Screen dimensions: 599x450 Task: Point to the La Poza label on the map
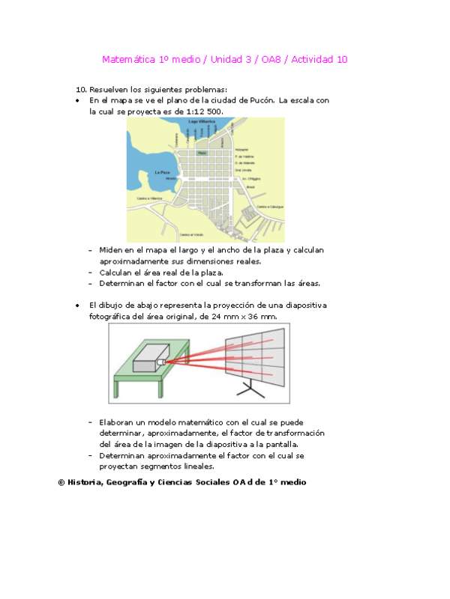162,173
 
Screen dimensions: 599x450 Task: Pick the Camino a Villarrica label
149,198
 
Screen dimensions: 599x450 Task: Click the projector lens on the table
161,362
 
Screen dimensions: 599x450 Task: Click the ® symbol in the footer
61,483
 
